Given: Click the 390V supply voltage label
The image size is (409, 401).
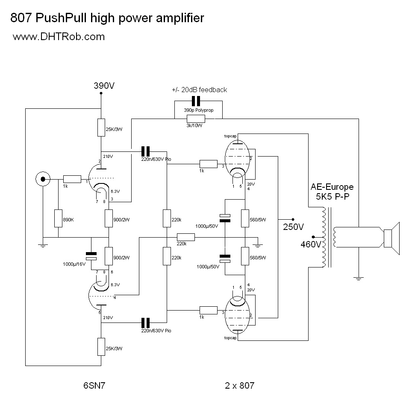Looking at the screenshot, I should [104, 86].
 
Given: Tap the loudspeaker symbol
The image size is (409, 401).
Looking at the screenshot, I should [391, 238].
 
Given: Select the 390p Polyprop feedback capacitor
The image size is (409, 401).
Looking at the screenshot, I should [196, 102].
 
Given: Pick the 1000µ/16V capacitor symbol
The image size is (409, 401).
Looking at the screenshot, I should [91, 256].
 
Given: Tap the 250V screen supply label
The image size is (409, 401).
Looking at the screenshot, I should [293, 227].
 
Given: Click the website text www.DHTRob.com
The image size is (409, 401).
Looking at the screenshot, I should [59, 37].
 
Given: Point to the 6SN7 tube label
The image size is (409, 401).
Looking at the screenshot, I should [94, 386].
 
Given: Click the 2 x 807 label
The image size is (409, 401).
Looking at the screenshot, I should [239, 386].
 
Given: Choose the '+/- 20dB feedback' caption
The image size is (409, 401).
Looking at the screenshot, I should [199, 90].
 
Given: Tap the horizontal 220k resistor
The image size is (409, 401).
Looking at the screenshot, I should [185, 238].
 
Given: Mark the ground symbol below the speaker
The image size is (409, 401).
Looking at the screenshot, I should [359, 278].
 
